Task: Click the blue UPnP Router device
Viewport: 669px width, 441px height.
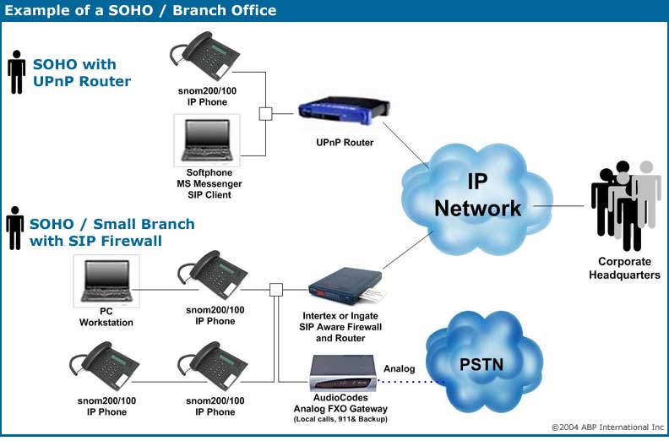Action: pyautogui.click(x=344, y=110)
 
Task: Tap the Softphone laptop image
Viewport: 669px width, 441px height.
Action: pyautogui.click(x=207, y=140)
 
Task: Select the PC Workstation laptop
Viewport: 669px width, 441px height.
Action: pyautogui.click(x=106, y=281)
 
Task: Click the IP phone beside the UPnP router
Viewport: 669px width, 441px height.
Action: pyautogui.click(x=204, y=56)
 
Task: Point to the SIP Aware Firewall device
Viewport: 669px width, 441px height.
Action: pyautogui.click(x=345, y=286)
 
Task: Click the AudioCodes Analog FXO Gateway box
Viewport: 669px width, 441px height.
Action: pyautogui.click(x=344, y=373)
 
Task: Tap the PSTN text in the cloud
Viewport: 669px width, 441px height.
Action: pyautogui.click(x=481, y=365)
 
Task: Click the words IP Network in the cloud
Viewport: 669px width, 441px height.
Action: pyautogui.click(x=477, y=195)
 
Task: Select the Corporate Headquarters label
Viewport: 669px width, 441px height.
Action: pyautogui.click(x=624, y=268)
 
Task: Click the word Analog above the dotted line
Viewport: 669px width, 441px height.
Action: pyautogui.click(x=399, y=368)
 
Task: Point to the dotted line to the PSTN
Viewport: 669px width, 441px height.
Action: pyautogui.click(x=411, y=381)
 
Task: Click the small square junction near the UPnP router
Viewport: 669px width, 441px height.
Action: pyautogui.click(x=265, y=114)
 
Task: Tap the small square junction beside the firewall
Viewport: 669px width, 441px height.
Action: pyautogui.click(x=276, y=290)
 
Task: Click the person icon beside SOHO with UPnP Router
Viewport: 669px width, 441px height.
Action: pyautogui.click(x=16, y=72)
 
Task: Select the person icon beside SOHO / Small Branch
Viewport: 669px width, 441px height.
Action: pyautogui.click(x=15, y=228)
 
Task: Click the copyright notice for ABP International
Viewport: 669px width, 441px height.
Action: pyautogui.click(x=607, y=427)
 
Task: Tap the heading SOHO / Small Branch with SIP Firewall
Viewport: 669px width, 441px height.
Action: pyautogui.click(x=112, y=232)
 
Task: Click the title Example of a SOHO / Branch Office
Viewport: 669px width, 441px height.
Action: pyautogui.click(x=140, y=10)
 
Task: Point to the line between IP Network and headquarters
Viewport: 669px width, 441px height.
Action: pyautogui.click(x=558, y=206)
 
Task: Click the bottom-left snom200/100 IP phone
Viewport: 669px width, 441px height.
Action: pyautogui.click(x=105, y=366)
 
